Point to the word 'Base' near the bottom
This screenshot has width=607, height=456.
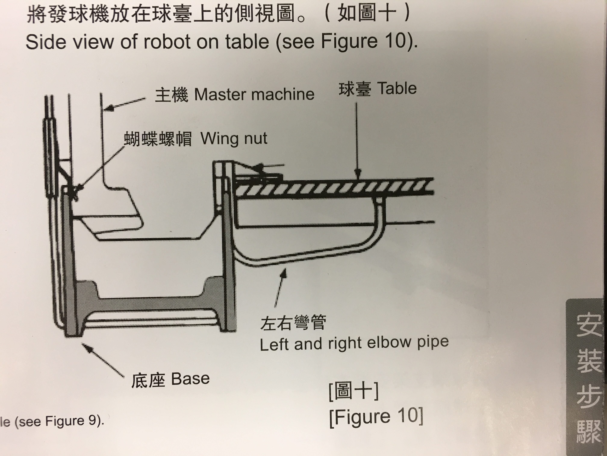pos(190,379)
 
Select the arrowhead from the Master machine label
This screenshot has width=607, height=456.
pos(109,108)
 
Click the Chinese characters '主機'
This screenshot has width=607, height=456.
pos(172,95)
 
